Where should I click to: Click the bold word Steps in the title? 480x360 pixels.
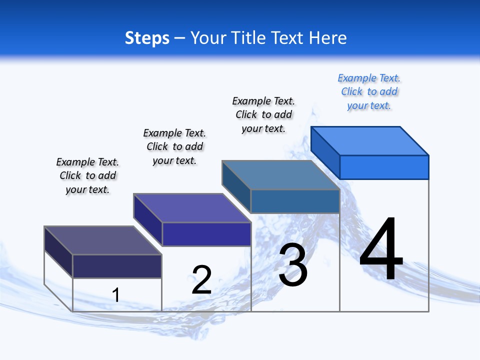point(147,38)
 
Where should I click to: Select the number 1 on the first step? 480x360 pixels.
point(115,295)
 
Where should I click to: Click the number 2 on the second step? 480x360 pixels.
point(201,280)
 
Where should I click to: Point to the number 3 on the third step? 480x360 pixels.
point(293,265)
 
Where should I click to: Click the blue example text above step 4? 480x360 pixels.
point(369,92)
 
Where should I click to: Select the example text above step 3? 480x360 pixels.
point(263,115)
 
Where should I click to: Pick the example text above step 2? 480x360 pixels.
point(174,147)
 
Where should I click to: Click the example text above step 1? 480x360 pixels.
point(87,176)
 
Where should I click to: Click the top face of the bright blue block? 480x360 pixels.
point(370,140)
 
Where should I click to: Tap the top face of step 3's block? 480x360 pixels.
point(281,174)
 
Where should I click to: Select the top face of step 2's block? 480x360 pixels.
point(192,207)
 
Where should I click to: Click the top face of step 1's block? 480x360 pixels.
point(103,240)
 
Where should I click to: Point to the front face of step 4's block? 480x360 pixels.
point(384,167)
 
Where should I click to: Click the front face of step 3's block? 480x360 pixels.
point(295,201)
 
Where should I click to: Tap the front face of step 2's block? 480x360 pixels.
point(206,234)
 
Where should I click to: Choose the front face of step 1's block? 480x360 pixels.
point(117,266)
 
